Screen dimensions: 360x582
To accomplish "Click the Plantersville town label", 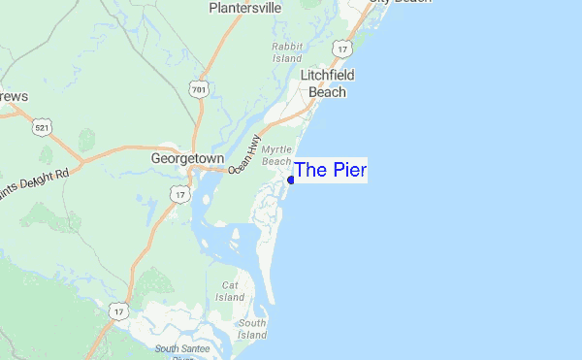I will tap(244, 8).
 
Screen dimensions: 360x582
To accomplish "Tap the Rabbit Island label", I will tap(287, 51).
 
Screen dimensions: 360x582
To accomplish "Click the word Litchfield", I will tap(327, 75).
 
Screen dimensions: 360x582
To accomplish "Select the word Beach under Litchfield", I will tap(327, 92).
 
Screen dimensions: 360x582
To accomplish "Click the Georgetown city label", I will tap(187, 157).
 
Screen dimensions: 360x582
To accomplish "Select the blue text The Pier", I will tap(330, 170).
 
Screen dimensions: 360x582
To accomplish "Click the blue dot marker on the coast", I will tap(291, 180).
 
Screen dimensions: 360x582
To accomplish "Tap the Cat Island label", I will tap(230, 291).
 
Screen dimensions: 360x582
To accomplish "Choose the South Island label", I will tap(251, 329).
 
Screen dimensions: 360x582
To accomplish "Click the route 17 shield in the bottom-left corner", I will tap(118, 311).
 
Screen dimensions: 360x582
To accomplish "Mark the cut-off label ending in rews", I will tap(14, 97).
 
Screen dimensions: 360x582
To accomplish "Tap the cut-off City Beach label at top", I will tap(397, 3).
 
